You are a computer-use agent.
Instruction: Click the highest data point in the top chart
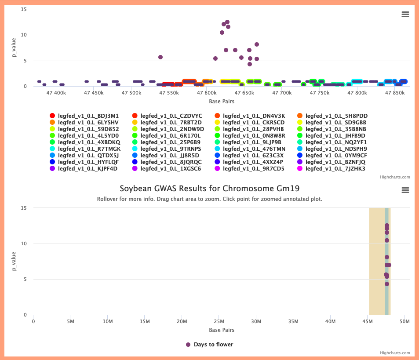[x=227, y=22]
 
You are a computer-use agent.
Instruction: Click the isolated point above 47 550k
[x=160, y=57]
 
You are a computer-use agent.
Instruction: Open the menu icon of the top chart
[x=405, y=15]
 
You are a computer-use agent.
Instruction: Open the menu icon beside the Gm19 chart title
[x=405, y=190]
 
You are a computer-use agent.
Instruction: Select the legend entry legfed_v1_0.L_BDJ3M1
[x=84, y=116]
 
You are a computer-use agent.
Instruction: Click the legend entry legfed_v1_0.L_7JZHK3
[x=331, y=168]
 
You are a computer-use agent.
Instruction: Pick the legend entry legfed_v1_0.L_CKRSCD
[x=250, y=122]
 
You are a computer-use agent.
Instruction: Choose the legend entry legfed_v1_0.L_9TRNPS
[x=167, y=149]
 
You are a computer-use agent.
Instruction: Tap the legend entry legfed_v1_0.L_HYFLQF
[x=84, y=162]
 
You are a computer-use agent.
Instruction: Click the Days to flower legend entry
[x=209, y=345]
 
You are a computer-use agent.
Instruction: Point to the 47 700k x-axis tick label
[x=282, y=93]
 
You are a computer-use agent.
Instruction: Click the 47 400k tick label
[x=56, y=93]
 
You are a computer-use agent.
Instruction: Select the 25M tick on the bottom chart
[x=219, y=321]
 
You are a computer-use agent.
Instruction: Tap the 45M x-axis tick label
[x=368, y=321]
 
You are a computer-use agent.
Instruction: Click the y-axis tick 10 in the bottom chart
[x=24, y=244]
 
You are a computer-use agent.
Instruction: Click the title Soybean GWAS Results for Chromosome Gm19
[x=209, y=189]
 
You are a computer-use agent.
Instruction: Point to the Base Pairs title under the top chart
[x=222, y=102]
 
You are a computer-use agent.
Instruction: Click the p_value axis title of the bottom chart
[x=14, y=261]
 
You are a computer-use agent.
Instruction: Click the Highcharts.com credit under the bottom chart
[x=395, y=353]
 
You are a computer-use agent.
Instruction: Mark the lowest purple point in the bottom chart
[x=387, y=284]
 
